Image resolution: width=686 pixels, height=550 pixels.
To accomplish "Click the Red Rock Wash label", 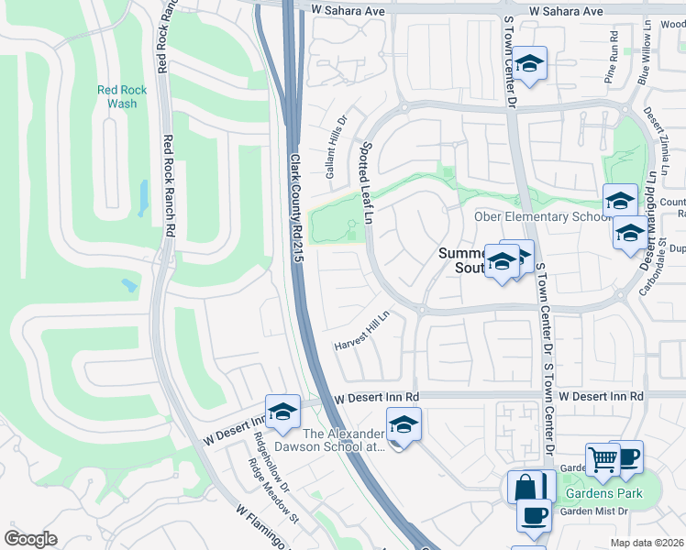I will pyautogui.click(x=116, y=96).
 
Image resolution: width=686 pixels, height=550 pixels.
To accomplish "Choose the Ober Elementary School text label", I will pyautogui.click(x=541, y=217).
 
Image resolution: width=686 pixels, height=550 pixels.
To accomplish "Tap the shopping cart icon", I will pyautogui.click(x=603, y=461).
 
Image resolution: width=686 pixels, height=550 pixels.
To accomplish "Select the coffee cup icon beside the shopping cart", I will pyautogui.click(x=627, y=457).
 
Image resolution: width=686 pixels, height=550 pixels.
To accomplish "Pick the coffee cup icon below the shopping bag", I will pyautogui.click(x=533, y=514).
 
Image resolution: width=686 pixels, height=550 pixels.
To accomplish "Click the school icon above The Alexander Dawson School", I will pyautogui.click(x=402, y=423).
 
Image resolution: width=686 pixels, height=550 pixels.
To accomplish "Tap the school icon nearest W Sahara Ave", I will pyautogui.click(x=528, y=63).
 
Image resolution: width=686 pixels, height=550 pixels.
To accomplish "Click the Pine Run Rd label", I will pyautogui.click(x=611, y=58).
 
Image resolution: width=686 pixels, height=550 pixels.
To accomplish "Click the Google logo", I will pyautogui.click(x=31, y=539).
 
